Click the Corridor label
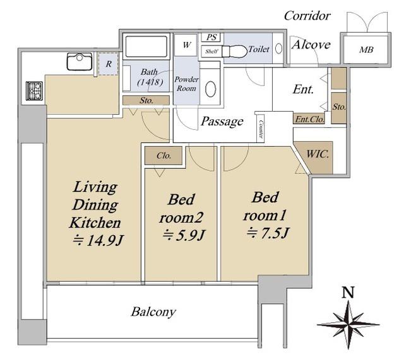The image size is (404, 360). (x=307, y=16)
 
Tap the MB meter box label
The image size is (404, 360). (x=366, y=50)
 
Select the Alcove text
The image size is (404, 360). (x=311, y=45)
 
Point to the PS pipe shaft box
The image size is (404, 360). (x=211, y=37)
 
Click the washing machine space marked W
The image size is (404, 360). (x=186, y=45)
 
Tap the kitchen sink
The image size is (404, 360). (x=80, y=61)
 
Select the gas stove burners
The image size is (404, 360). (x=34, y=91)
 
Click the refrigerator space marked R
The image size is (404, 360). (x=108, y=64)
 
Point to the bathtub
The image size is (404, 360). (x=146, y=46)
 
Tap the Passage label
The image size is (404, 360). (x=222, y=122)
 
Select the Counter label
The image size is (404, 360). (x=261, y=129)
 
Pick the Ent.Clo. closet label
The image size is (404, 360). (x=309, y=119)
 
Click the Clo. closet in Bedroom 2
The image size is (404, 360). (x=163, y=156)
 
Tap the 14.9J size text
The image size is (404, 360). (x=98, y=241)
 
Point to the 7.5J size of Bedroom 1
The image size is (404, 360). (x=268, y=233)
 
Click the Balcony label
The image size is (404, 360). (x=153, y=312)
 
